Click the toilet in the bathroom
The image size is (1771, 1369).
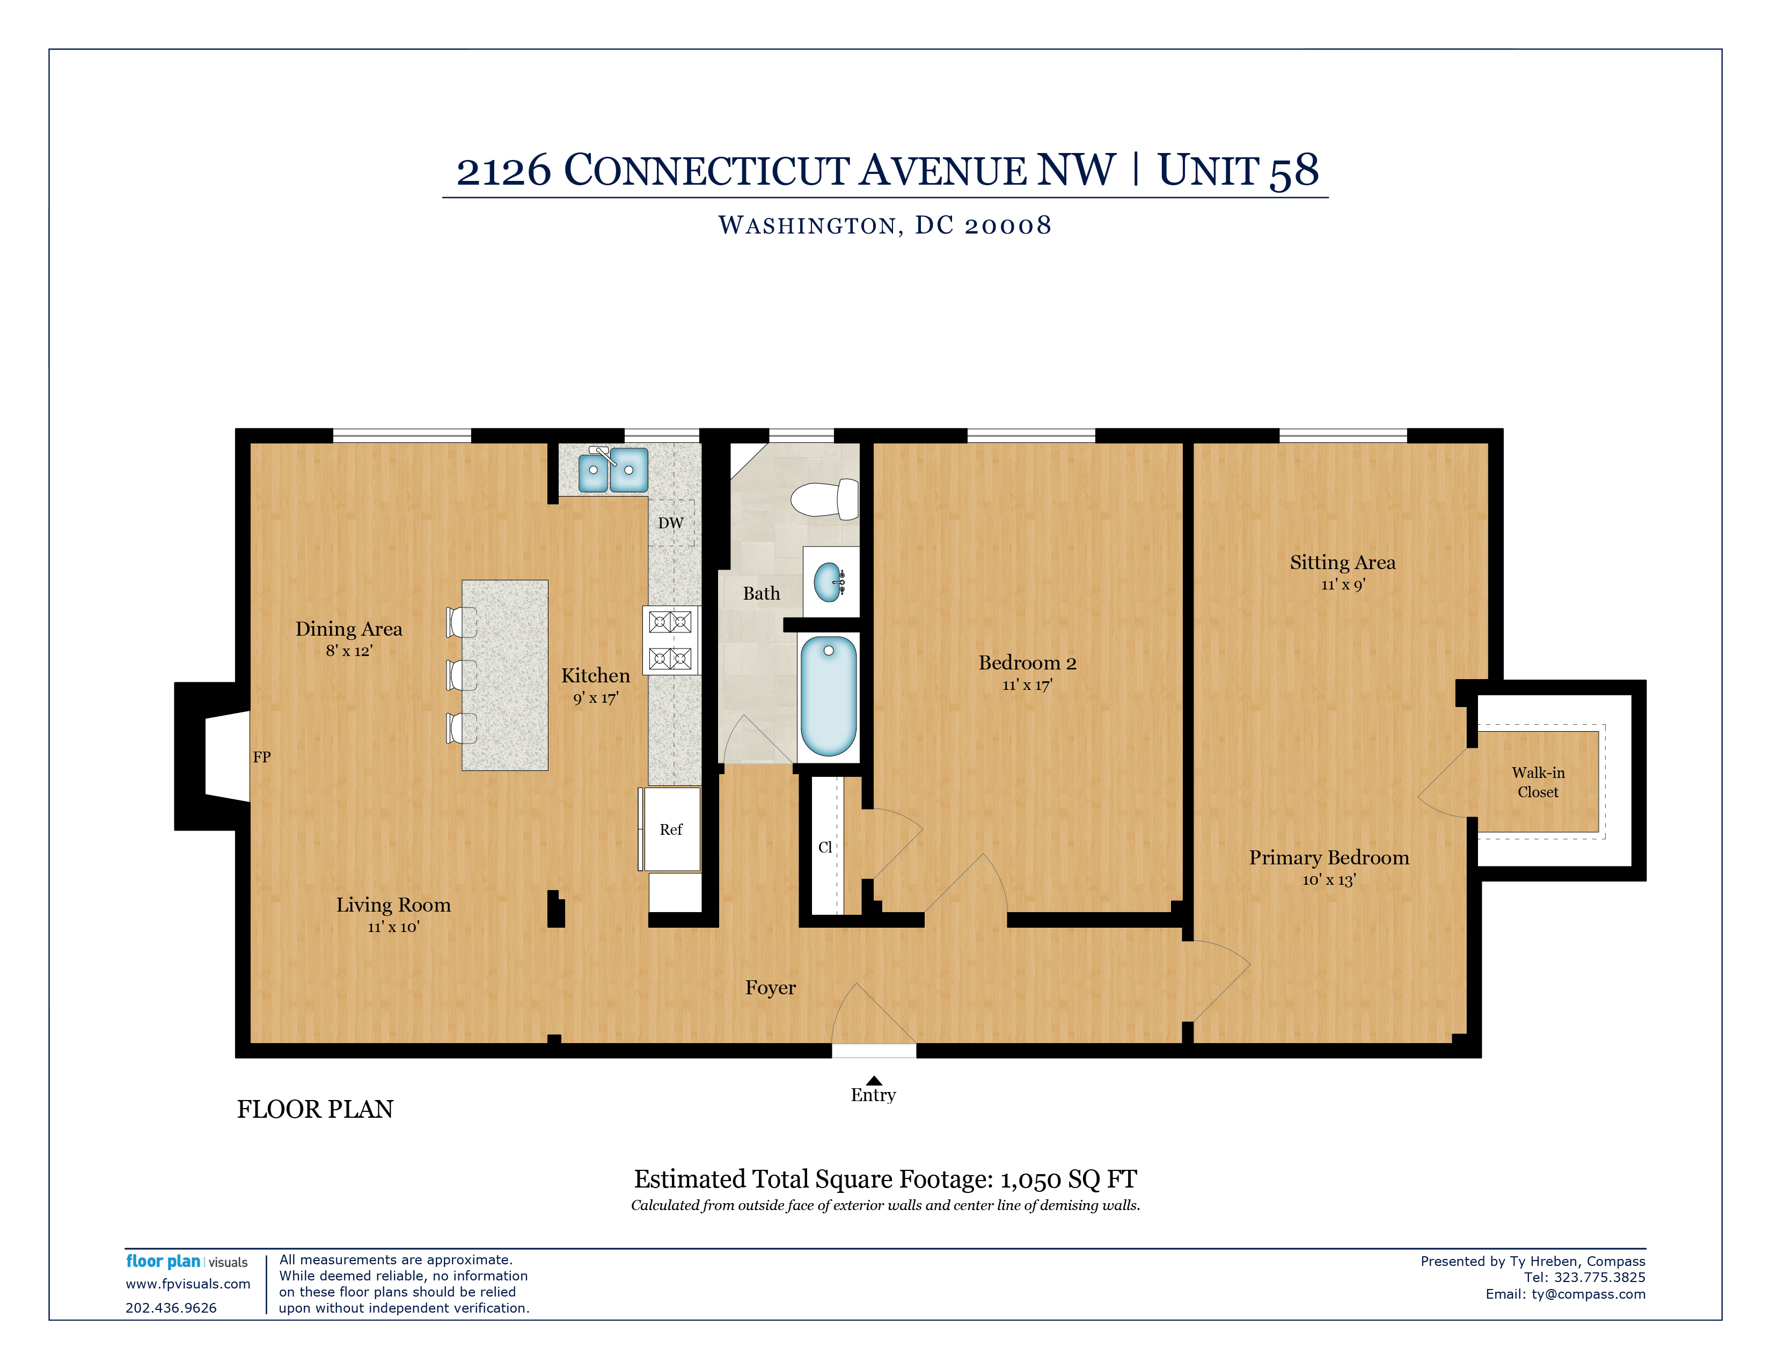coord(825,499)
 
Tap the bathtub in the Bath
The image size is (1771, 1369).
coord(828,695)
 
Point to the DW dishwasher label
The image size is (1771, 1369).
coord(671,523)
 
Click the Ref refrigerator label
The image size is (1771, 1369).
coord(671,829)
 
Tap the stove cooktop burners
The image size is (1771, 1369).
coord(671,640)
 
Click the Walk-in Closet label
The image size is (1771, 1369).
coord(1538,782)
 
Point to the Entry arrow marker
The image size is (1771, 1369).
coord(873,1080)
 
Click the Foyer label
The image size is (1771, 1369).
coord(770,988)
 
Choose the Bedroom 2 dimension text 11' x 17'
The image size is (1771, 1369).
coord(1027,686)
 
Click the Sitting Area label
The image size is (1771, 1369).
coord(1343,562)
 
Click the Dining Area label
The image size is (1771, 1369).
coord(349,629)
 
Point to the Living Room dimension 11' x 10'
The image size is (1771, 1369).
coord(393,927)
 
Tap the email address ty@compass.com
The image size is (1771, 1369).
coord(1589,1294)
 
